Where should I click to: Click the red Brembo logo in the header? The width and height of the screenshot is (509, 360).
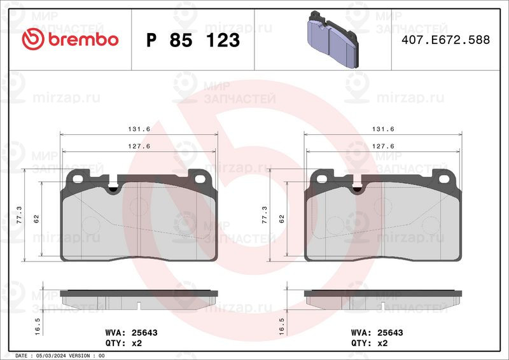coord(70,39)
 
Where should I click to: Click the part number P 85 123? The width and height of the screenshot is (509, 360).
coord(193,40)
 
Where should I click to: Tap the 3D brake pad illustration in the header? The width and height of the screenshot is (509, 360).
coord(332,39)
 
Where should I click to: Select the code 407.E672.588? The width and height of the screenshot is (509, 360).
coord(446,39)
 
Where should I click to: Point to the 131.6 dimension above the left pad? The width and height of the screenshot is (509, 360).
coord(139,129)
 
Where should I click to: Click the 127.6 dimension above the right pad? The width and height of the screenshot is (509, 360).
coord(383,146)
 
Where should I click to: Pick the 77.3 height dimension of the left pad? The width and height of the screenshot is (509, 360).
coord(20,214)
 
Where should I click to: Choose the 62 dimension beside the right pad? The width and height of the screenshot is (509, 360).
coord(281,219)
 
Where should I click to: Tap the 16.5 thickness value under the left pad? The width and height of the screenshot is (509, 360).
coord(37,326)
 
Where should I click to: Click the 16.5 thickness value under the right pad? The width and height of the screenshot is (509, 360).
coord(281,326)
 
